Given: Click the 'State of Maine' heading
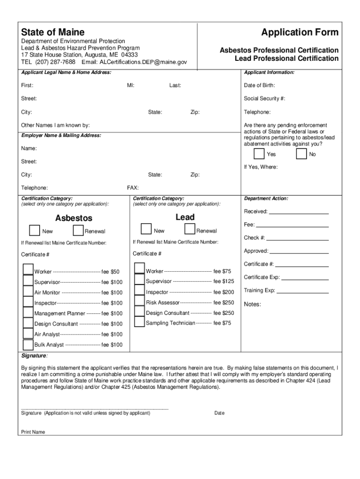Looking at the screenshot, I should click(x=53, y=32).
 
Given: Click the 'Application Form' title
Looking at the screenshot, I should click(x=300, y=32).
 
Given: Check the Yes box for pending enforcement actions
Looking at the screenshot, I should click(x=259, y=154).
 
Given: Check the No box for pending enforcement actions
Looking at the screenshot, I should click(x=302, y=154).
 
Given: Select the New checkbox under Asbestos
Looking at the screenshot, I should click(x=34, y=231).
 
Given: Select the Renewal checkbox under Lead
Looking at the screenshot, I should click(x=190, y=229).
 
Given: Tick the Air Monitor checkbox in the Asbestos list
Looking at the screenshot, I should click(x=28, y=291).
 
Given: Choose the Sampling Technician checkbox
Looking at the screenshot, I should click(x=139, y=322).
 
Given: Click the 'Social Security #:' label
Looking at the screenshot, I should click(x=264, y=99).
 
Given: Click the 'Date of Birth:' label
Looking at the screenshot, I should click(x=259, y=86).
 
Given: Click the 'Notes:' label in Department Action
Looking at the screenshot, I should click(x=252, y=305).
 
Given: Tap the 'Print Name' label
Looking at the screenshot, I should click(x=33, y=432).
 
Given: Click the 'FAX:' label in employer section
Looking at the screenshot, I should click(x=133, y=188).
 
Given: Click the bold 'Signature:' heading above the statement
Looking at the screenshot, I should click(x=34, y=356).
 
